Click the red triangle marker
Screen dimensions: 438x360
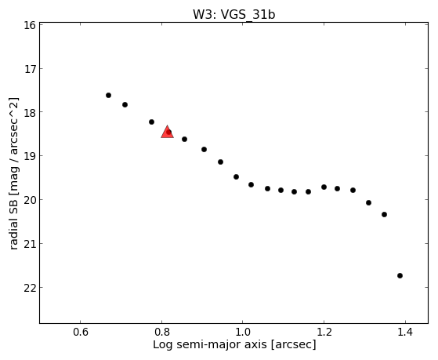pyautogui.click(x=168, y=133)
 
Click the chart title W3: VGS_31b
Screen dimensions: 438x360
pyautogui.click(x=234, y=15)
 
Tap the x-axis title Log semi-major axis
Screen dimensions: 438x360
pyautogui.click(x=210, y=344)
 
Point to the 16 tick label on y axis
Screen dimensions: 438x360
pyautogui.click(x=30, y=25)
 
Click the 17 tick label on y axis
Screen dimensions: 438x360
pyautogui.click(x=30, y=69)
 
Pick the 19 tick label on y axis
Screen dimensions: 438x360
pyautogui.click(x=30, y=156)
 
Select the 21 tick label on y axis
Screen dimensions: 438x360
pyautogui.click(x=30, y=244)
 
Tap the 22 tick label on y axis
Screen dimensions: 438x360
pyautogui.click(x=30, y=288)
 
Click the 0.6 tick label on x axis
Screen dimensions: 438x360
pyautogui.click(x=81, y=332)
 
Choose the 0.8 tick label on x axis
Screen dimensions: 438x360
pyautogui.click(x=161, y=332)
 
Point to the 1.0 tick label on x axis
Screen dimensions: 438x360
pyautogui.click(x=243, y=332)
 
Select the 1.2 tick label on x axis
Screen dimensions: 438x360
pyautogui.click(x=324, y=332)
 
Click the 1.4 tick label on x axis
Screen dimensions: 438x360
pyautogui.click(x=405, y=332)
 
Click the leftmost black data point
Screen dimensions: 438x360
pyautogui.click(x=108, y=96)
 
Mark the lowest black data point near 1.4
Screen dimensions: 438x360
pyautogui.click(x=400, y=275)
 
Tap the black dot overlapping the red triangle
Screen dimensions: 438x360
pyautogui.click(x=168, y=132)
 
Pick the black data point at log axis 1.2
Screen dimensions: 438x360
pyautogui.click(x=324, y=187)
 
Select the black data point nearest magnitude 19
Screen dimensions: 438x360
pyautogui.click(x=204, y=149)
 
